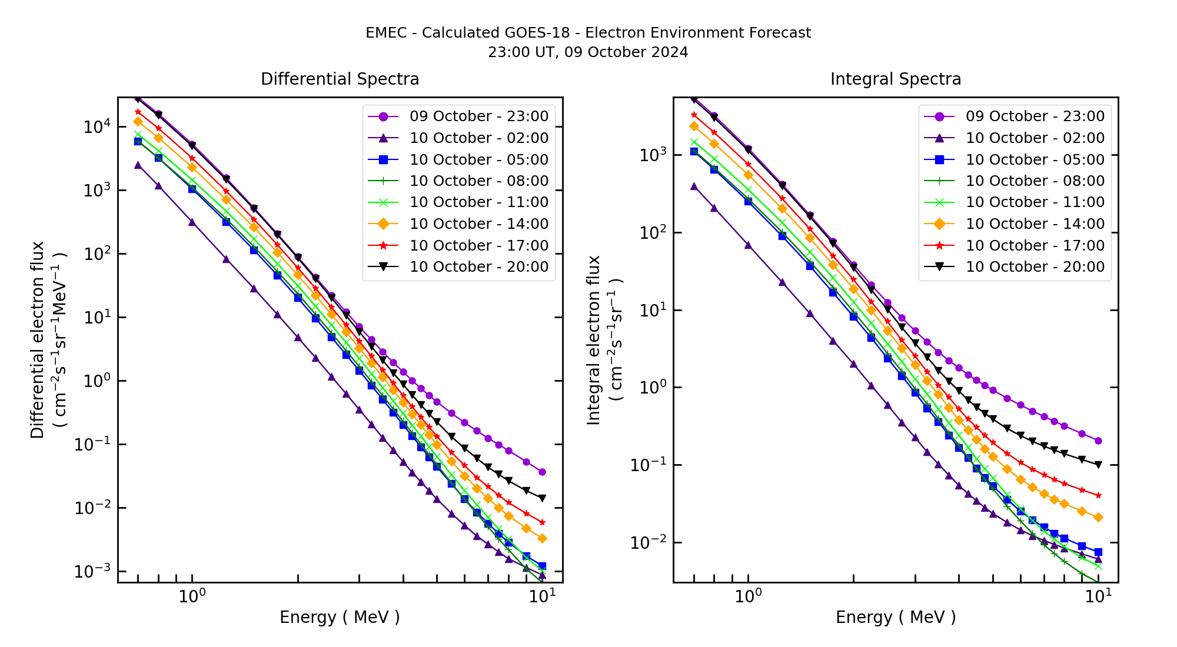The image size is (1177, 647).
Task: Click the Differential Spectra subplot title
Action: (x=340, y=79)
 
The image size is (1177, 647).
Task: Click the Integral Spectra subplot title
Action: (x=895, y=79)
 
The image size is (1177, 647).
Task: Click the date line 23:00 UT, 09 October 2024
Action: (x=588, y=52)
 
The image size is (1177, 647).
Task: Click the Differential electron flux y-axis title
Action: (x=38, y=339)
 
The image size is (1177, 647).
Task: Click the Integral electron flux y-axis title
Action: (x=594, y=339)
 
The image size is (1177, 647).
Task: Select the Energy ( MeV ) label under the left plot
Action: (x=340, y=617)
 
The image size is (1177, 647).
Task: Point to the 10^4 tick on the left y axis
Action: (x=94, y=126)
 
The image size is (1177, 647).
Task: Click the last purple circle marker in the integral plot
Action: (x=1098, y=441)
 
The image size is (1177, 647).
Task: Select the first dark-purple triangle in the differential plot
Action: (x=138, y=165)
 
